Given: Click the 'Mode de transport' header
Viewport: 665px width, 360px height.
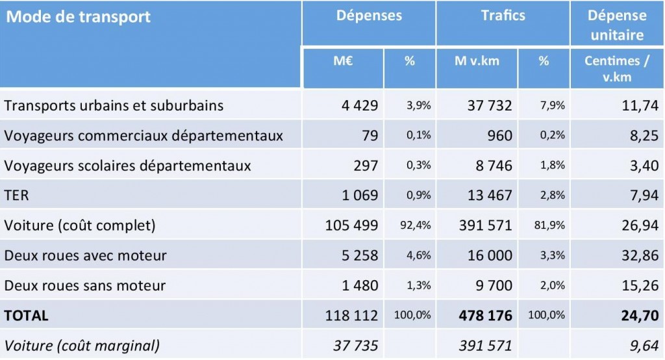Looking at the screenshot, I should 78,17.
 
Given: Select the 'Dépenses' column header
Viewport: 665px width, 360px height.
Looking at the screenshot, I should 369,16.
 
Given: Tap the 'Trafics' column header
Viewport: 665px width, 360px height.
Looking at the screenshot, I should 503,16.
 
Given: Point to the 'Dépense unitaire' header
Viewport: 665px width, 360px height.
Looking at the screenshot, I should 617,25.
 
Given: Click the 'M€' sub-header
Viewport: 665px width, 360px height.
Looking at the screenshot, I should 343,61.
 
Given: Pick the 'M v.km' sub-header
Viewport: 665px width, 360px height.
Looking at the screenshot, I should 477,61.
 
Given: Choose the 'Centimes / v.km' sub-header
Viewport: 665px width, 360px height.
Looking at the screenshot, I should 617,69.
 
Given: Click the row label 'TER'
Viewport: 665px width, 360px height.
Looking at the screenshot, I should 17,196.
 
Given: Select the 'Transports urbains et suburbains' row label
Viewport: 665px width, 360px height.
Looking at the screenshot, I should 114,105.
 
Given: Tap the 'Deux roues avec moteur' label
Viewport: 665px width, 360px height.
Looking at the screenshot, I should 85,255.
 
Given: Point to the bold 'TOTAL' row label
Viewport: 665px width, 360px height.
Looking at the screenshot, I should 27,316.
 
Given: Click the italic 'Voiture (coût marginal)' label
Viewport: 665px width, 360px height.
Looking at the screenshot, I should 82,345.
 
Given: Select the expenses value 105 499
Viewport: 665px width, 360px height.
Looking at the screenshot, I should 351,225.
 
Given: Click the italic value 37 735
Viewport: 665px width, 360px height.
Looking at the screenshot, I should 355,345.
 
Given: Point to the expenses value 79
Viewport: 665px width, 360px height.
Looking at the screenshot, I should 369,136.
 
